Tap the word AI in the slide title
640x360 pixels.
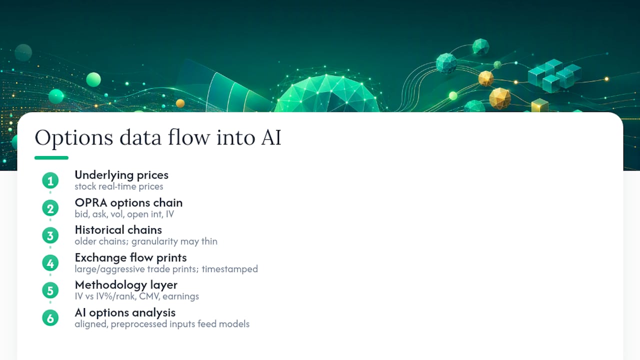point(271,137)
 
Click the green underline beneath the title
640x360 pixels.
point(51,157)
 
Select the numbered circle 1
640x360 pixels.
point(50,180)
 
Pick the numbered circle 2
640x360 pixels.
point(50,208)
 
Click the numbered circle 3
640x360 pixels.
point(50,235)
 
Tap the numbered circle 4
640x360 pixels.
point(50,263)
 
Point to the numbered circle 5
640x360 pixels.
point(50,290)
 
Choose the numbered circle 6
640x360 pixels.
point(50,318)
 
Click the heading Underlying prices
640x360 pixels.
point(121,175)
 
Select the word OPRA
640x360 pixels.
point(91,203)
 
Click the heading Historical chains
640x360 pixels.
point(118,230)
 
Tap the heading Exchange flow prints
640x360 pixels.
point(131,258)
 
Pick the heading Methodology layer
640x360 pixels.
point(126,285)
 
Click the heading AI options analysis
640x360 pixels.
point(125,313)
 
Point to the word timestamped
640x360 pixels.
point(229,269)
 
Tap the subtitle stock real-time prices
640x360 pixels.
point(119,186)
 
